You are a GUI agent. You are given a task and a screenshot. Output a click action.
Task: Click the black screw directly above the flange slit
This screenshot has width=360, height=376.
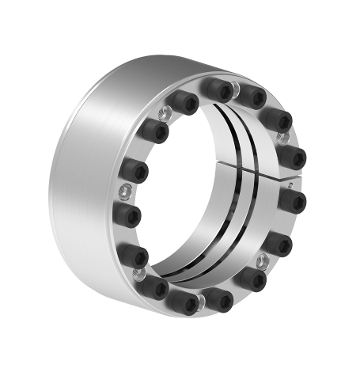[x=294, y=153]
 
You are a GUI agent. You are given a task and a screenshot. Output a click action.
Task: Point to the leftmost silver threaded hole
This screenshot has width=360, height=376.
[x=126, y=190]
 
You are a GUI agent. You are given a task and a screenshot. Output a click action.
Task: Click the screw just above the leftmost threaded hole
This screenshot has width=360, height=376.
[x=133, y=169]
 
